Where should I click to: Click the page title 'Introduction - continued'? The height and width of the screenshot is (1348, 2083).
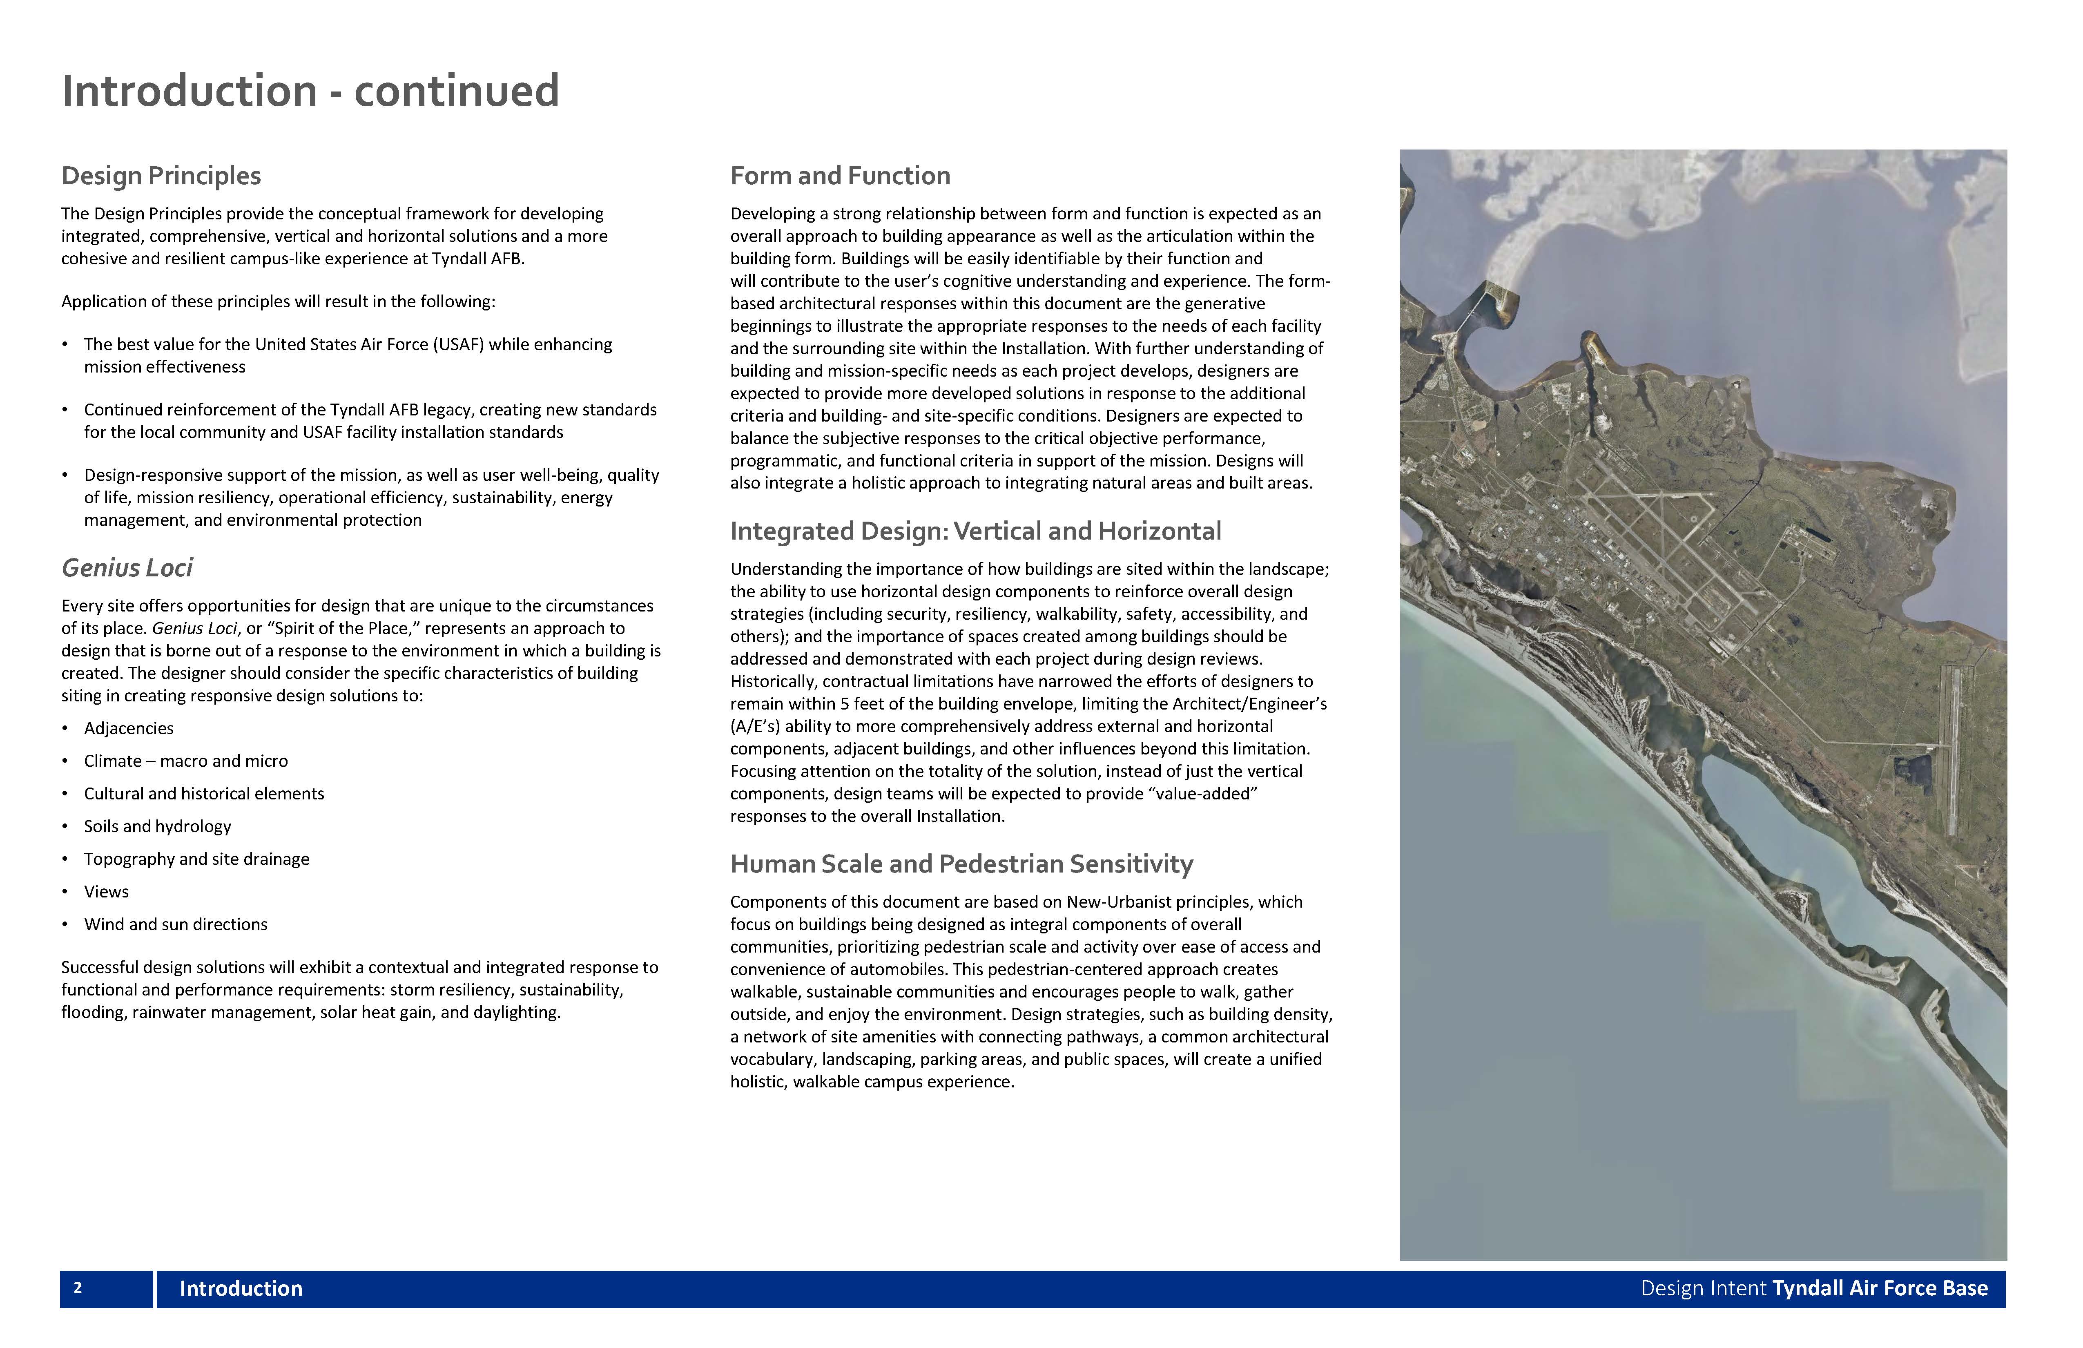pos(310,91)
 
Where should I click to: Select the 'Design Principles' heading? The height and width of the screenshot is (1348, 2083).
pos(161,176)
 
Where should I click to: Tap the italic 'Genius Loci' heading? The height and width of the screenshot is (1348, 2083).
pos(127,568)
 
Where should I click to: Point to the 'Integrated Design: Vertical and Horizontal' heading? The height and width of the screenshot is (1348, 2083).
pos(975,531)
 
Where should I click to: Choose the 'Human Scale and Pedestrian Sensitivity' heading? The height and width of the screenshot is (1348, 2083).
pos(961,864)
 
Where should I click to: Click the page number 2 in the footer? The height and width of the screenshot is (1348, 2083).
pos(78,1288)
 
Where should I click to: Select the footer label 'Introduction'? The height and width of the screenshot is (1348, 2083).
pos(241,1288)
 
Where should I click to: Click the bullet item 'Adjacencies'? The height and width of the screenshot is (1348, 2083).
pos(129,728)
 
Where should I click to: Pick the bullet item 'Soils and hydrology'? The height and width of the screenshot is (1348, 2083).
pos(158,826)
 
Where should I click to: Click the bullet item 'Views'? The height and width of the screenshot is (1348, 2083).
pos(106,892)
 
